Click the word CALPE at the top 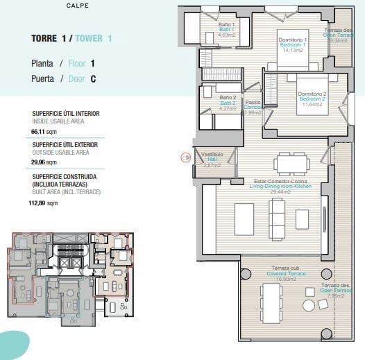(x=77, y=6)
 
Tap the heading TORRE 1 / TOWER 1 (x=71, y=38)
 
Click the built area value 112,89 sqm (x=43, y=203)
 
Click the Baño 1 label (x=226, y=29)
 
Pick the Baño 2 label (x=228, y=103)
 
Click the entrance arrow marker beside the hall (x=185, y=157)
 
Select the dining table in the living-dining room (x=291, y=164)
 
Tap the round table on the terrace (x=309, y=305)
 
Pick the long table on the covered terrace (x=271, y=303)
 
